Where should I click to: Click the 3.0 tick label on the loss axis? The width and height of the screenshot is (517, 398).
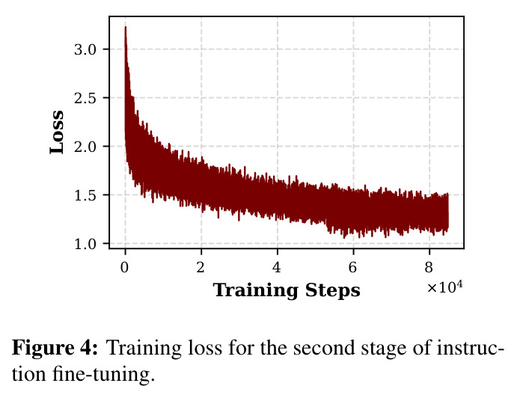coord(85,50)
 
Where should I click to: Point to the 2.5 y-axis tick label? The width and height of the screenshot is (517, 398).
coord(85,99)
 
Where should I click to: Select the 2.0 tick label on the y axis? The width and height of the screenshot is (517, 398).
coord(85,147)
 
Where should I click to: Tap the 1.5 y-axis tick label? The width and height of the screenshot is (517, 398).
coord(85,195)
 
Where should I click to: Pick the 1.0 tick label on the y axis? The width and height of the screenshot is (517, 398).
coord(85,245)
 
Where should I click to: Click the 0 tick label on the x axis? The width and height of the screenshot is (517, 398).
coord(125,267)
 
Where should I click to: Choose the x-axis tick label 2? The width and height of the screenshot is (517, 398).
coord(201,267)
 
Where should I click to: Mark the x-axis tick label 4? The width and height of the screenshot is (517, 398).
coord(277,267)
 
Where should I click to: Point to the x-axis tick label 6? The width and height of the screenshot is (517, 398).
coord(353,267)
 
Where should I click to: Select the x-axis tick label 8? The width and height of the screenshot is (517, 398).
coord(429,267)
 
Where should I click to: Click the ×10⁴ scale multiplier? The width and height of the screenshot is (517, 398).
coord(444,287)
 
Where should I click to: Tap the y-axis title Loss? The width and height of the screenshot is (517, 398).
coord(57,132)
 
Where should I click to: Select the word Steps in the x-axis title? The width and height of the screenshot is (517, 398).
coord(333,291)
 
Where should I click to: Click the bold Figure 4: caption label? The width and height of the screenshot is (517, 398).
coord(55,348)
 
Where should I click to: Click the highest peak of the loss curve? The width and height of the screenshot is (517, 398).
coord(126,27)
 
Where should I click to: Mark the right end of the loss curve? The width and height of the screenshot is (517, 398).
coord(447,211)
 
